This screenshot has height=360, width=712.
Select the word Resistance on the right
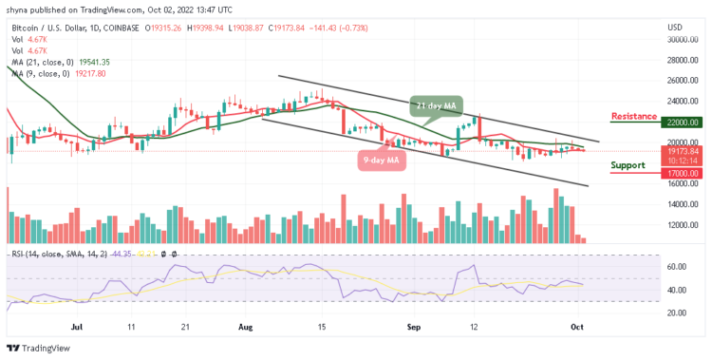click(634, 116)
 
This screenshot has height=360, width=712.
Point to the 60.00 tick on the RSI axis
click(676, 267)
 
